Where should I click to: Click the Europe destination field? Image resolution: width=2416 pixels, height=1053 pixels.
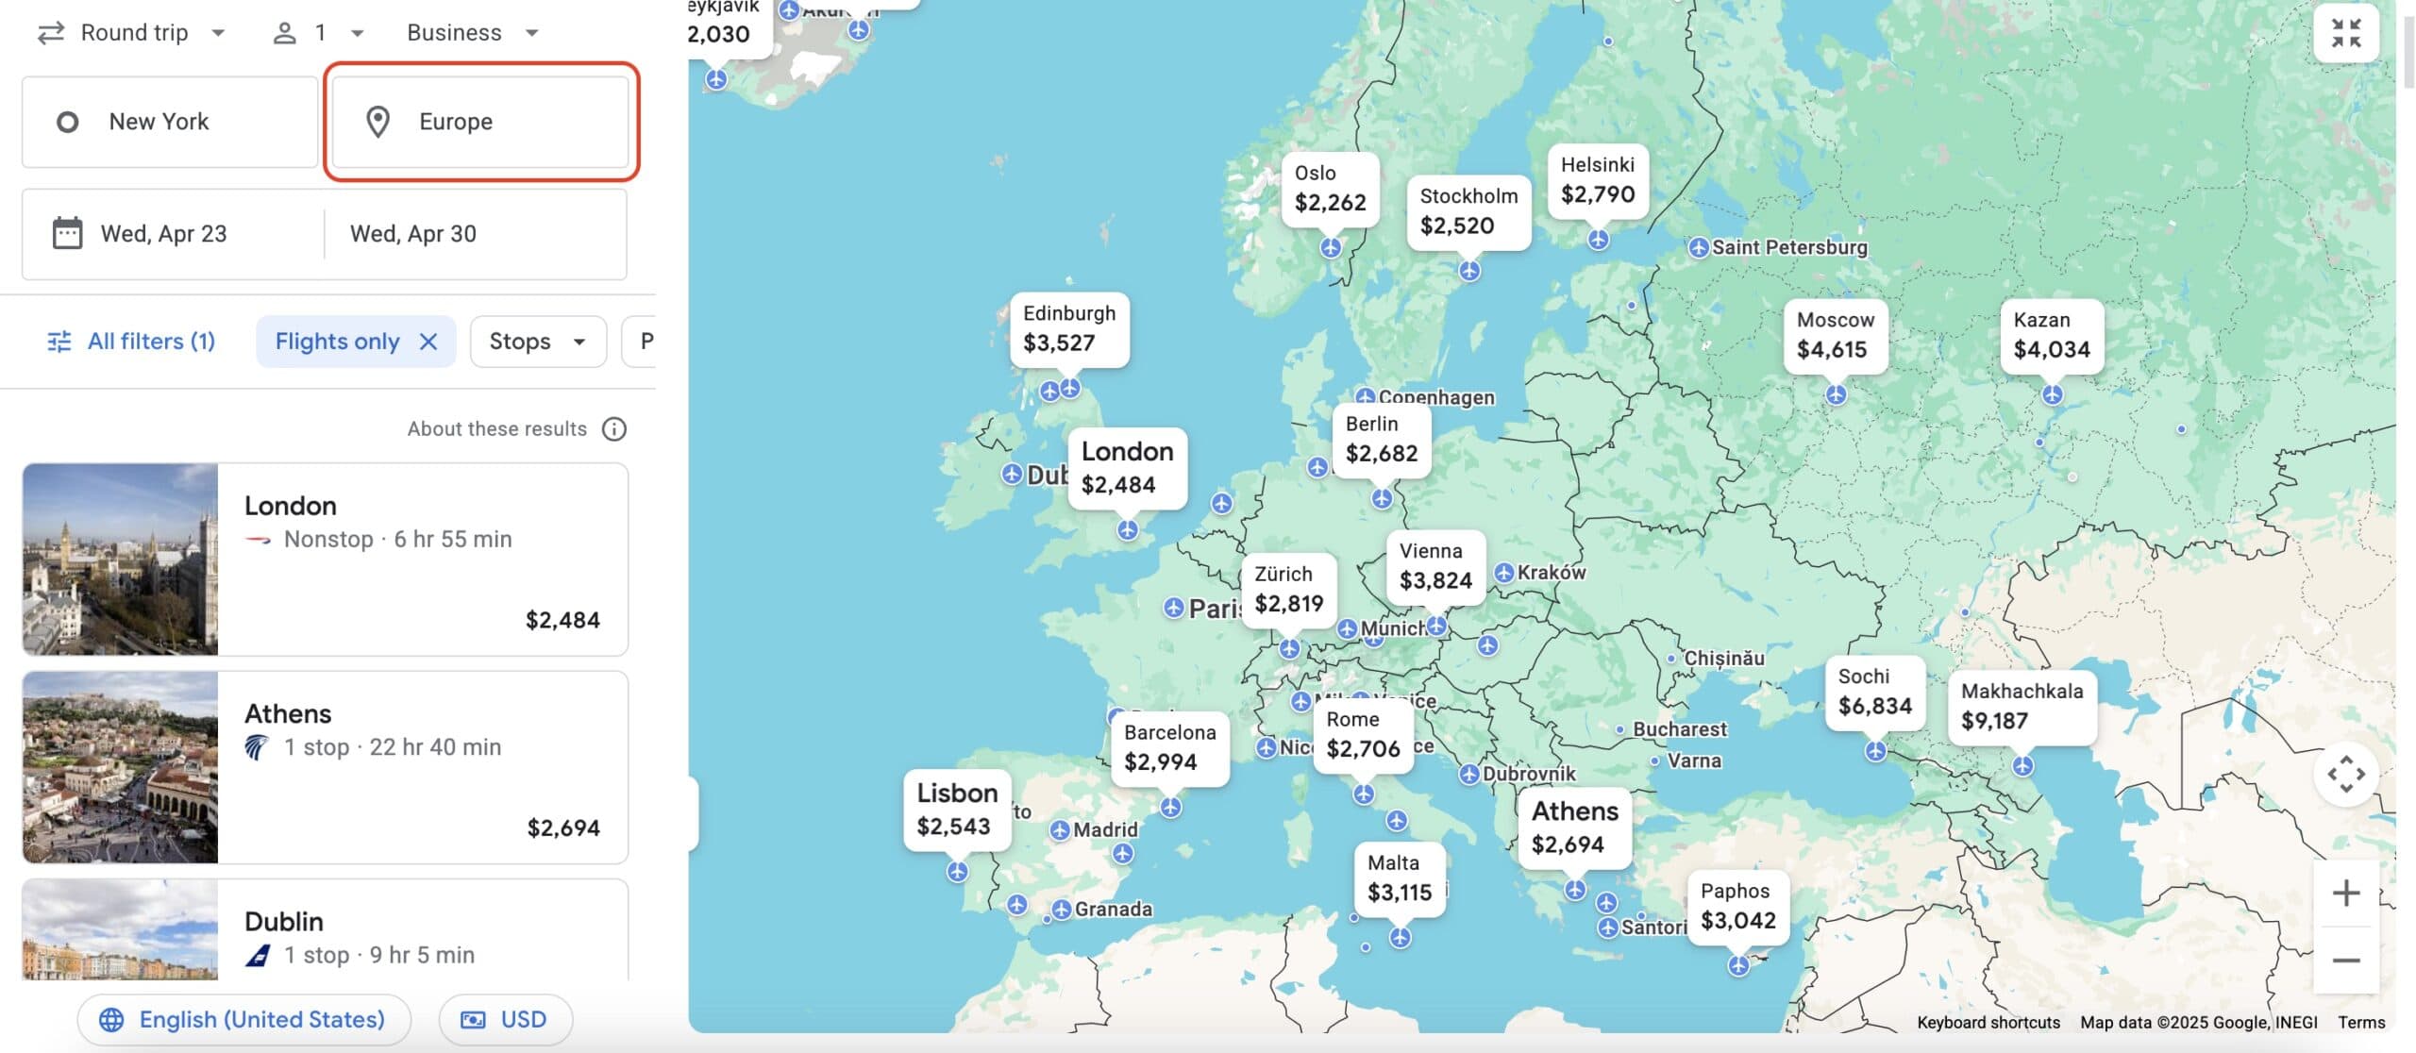tap(481, 122)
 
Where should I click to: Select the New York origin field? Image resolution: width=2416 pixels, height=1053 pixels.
tap(170, 122)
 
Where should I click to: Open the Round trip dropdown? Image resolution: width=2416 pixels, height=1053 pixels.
tap(132, 33)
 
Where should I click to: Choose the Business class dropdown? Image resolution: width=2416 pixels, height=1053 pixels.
tap(472, 33)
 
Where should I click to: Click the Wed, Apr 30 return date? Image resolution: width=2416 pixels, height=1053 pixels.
tap(413, 234)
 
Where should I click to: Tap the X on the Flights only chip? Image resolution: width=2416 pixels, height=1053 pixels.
tap(428, 342)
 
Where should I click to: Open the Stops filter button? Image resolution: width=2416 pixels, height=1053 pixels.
tap(537, 342)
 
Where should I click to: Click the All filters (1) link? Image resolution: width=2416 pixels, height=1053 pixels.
tap(132, 342)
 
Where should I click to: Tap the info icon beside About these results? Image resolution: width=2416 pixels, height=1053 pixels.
tap(614, 429)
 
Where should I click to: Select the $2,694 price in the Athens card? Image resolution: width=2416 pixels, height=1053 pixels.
tap(563, 828)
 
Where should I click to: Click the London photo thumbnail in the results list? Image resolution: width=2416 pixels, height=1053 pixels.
tap(120, 560)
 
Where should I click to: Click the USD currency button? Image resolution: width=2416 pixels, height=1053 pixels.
tap(505, 1020)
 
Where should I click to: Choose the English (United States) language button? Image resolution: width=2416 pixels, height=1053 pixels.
tap(243, 1020)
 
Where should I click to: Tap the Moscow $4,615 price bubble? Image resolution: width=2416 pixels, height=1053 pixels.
tap(1833, 336)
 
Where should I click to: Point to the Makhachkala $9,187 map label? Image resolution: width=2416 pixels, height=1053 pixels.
tap(2022, 707)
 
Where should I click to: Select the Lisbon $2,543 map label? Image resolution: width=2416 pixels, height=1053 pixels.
tap(956, 811)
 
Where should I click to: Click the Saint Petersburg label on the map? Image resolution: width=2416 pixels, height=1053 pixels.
tap(1788, 248)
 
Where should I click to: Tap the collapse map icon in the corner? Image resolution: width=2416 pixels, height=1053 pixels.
tap(2345, 33)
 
